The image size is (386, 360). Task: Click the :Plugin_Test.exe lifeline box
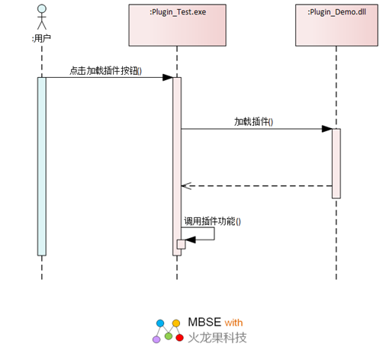(177, 25)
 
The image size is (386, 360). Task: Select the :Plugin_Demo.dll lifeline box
(336, 25)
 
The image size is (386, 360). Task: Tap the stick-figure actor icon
(42, 18)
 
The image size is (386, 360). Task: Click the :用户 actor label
(41, 39)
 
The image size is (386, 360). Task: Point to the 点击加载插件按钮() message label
(105, 71)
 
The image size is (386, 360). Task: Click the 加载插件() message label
(253, 122)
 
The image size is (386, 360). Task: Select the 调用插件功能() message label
(212, 221)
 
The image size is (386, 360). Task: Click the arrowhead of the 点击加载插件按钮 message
(168, 77)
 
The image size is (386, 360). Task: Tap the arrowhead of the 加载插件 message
(326, 129)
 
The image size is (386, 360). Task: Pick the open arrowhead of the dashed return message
(186, 186)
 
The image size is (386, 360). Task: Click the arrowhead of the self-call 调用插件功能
(190, 239)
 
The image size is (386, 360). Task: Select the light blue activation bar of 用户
(42, 166)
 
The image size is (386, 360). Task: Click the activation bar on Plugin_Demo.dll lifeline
(336, 163)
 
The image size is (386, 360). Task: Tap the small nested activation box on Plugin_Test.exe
(181, 244)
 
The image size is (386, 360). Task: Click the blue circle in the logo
(160, 323)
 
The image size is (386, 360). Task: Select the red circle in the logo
(179, 338)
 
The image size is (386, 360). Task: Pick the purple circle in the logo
(156, 339)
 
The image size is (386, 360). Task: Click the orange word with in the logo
(233, 323)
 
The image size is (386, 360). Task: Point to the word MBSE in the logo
(204, 322)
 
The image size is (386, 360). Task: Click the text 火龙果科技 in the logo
(217, 338)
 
